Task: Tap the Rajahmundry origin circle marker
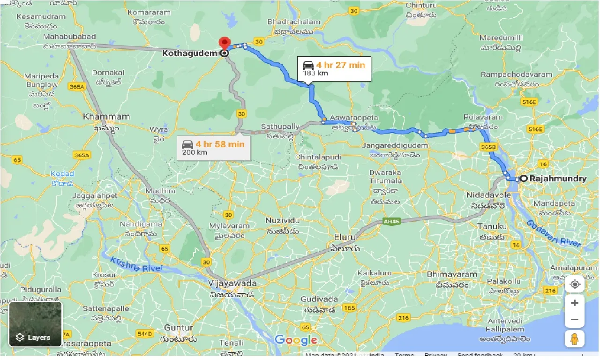point(524,179)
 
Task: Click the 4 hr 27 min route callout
point(333,68)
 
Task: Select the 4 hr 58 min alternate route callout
point(213,148)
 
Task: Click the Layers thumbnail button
point(36,324)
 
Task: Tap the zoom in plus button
point(575,303)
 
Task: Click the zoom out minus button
point(575,320)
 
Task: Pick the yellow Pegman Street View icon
point(575,338)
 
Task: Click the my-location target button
point(575,284)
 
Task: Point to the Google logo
point(296,340)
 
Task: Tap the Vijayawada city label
point(233,284)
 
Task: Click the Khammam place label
point(99,116)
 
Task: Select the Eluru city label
point(345,237)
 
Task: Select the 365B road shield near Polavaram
point(488,147)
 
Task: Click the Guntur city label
point(179,328)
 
